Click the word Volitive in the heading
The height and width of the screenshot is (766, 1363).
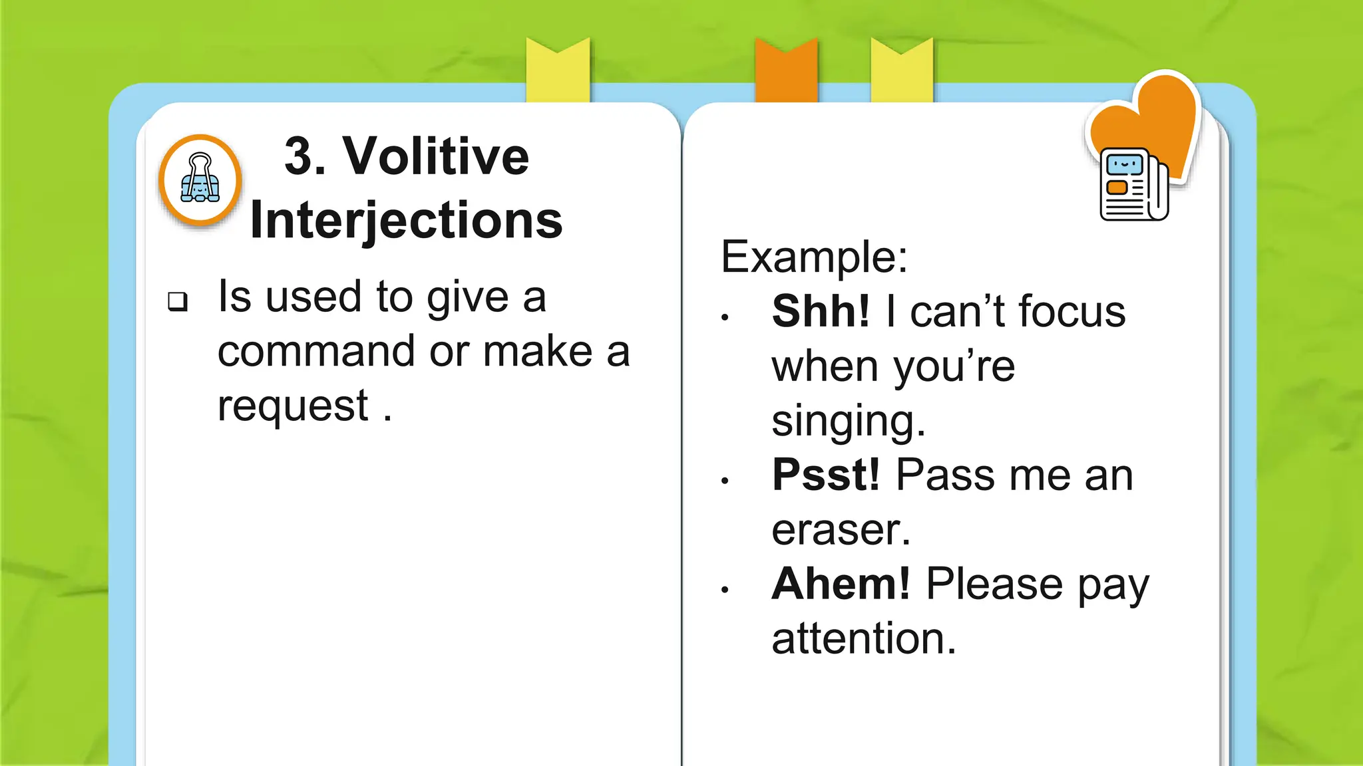pyautogui.click(x=436, y=156)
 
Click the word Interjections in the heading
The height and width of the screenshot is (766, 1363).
pyautogui.click(x=406, y=221)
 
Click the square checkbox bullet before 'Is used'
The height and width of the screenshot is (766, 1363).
pyautogui.click(x=178, y=301)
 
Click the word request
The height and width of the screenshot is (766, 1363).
pyautogui.click(x=293, y=406)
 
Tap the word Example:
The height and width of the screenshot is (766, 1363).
pyautogui.click(x=814, y=257)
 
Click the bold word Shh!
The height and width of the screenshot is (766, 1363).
pyautogui.click(x=821, y=311)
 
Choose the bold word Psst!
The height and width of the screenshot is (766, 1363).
pyautogui.click(x=826, y=475)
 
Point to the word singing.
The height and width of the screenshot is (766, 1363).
pyautogui.click(x=847, y=422)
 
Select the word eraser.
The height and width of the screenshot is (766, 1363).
pyautogui.click(x=840, y=530)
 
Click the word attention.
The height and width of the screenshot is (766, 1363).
pyautogui.click(x=863, y=639)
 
